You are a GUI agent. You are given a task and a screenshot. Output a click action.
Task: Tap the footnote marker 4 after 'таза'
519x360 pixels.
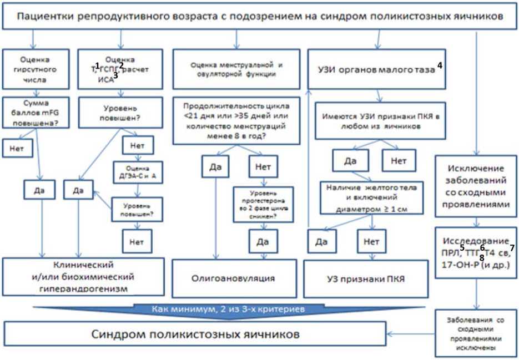[439, 65]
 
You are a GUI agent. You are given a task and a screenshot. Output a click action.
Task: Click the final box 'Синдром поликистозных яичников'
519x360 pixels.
[194, 334]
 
